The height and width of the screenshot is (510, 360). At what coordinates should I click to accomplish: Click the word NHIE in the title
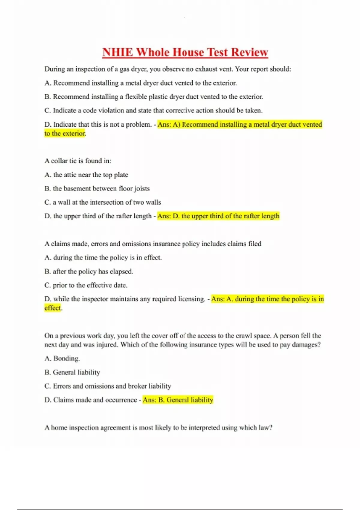pyautogui.click(x=118, y=52)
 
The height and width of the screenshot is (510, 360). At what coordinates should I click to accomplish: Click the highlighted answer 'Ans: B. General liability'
pyautogui.click(x=178, y=400)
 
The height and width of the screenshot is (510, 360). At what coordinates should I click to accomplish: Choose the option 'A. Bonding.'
pyautogui.click(x=62, y=358)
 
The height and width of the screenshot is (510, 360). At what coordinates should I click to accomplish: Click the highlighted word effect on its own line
pyautogui.click(x=52, y=308)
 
